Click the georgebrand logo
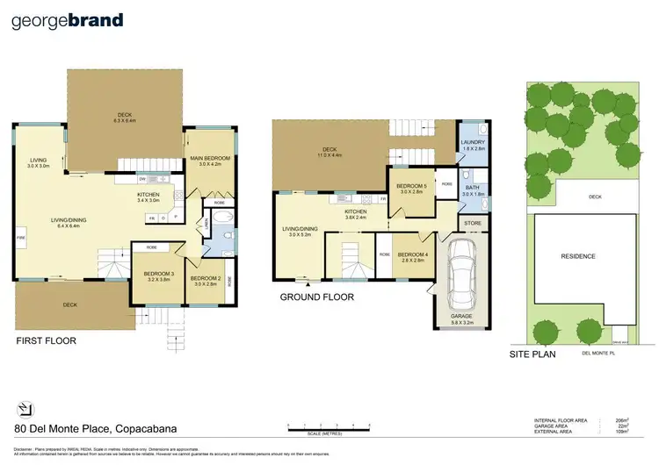tap(67, 20)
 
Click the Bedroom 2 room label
tap(206, 280)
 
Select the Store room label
tap(473, 225)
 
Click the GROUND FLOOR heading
tap(317, 297)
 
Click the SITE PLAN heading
tap(536, 355)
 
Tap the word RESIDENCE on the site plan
tap(578, 256)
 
